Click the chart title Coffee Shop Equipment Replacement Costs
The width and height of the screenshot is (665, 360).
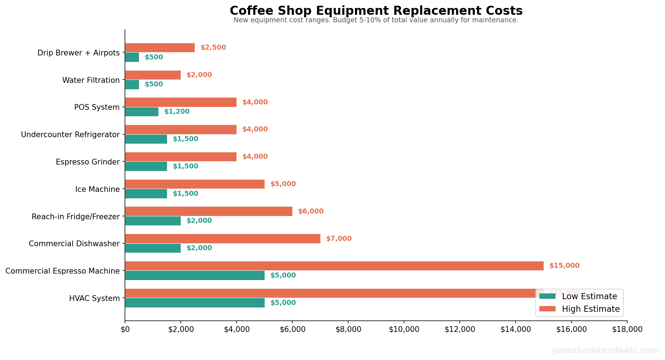tap(376, 11)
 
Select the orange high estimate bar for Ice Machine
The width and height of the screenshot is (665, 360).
tap(194, 184)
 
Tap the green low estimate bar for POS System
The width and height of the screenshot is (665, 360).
tap(141, 112)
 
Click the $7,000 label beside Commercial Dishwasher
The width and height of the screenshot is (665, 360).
tap(338, 239)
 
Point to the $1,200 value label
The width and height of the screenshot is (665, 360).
tap(176, 112)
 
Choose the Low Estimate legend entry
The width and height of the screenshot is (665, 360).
tap(578, 297)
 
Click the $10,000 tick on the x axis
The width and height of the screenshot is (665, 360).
tap(404, 329)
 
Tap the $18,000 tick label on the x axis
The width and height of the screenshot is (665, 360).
tap(627, 329)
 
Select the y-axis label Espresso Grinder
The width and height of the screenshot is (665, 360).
tap(87, 162)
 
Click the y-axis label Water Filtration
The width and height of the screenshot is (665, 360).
tap(91, 80)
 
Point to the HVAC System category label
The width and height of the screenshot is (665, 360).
tap(94, 298)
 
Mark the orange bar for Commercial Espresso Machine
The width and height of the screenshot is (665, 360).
tap(334, 266)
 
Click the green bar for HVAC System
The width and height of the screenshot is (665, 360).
tap(194, 303)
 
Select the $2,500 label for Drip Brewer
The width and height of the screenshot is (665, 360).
tap(213, 48)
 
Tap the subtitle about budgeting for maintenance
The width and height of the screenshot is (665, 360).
tap(376, 20)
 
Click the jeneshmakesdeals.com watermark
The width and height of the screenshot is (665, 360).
tap(606, 351)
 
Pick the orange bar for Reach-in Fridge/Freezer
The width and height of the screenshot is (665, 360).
tap(208, 211)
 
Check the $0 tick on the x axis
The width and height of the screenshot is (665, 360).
tap(125, 329)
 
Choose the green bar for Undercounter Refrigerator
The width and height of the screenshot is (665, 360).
tap(146, 139)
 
